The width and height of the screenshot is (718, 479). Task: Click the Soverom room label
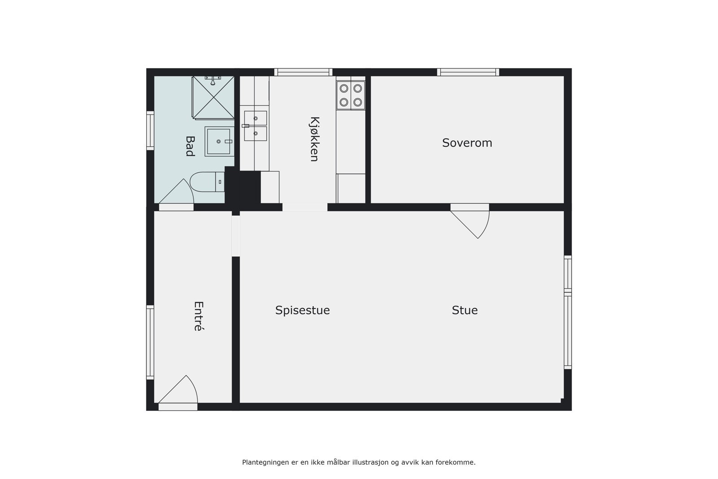coord(467,143)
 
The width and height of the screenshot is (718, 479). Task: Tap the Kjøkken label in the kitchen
coord(314,139)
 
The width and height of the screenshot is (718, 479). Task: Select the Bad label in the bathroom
coord(190,146)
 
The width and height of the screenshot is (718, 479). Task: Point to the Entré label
coord(198,316)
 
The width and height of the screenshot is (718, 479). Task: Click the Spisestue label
coord(302,310)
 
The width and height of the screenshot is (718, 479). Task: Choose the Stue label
coord(464,310)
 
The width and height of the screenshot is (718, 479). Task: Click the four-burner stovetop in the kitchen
coord(351,95)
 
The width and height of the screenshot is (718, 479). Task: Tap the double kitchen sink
coord(255,126)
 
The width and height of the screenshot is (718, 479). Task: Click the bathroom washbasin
coord(219,141)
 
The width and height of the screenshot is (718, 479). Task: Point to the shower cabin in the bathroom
coord(214,97)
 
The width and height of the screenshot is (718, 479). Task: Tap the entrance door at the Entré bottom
coord(178,395)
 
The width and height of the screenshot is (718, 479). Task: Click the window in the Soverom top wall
coord(468,72)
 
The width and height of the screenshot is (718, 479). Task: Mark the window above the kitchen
coord(303,72)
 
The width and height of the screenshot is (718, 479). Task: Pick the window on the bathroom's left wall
coord(150,130)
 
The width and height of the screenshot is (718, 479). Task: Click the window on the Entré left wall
coord(150,342)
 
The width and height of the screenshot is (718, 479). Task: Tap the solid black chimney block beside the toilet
coord(243,187)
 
